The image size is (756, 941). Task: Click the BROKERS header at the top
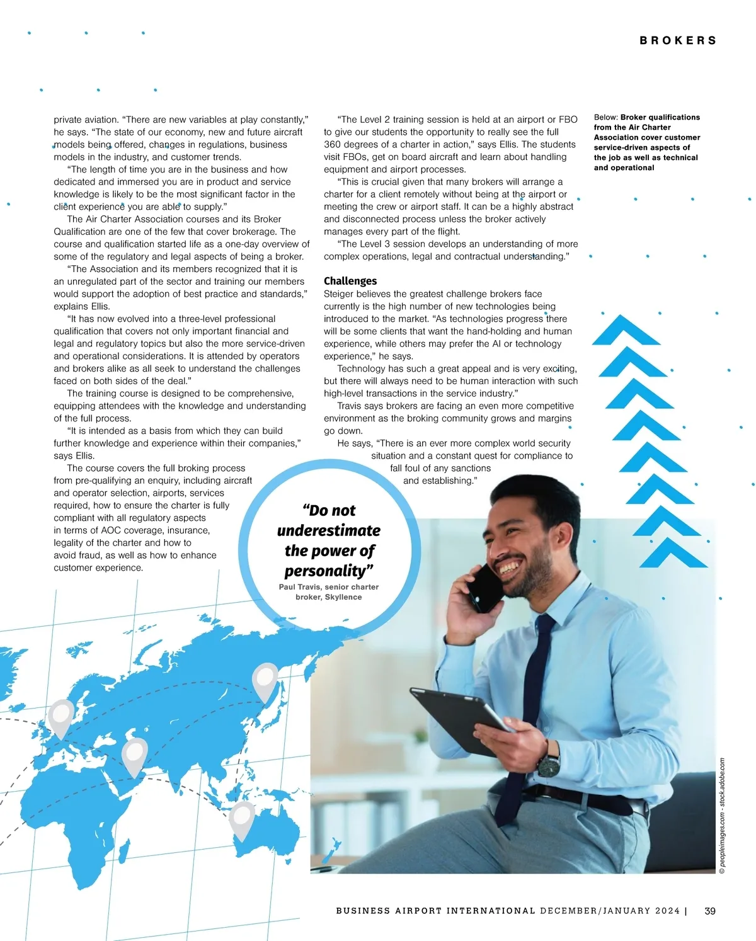(678, 40)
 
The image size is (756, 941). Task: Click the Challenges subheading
(350, 281)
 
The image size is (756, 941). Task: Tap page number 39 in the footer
(710, 911)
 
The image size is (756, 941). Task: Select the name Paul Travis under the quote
(300, 587)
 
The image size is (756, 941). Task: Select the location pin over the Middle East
(134, 756)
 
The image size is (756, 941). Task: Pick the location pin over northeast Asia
(265, 680)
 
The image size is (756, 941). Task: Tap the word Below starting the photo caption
(605, 117)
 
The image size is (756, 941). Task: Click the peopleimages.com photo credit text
(722, 816)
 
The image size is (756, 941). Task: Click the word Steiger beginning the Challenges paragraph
(340, 294)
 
